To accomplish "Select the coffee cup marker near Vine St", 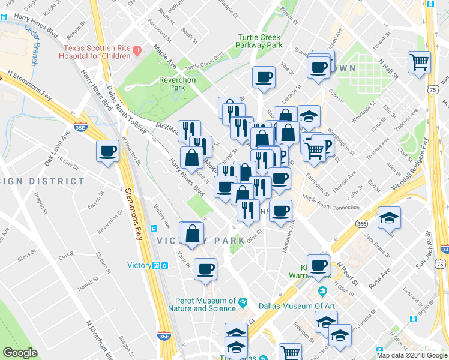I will (264, 77).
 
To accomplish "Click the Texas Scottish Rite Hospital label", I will (95, 52).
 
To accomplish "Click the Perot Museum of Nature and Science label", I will (206, 304).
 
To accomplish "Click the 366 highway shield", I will (361, 223).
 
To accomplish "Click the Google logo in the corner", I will (20, 353).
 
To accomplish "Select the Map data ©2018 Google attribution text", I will (411, 355).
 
